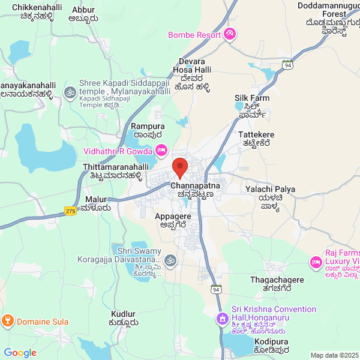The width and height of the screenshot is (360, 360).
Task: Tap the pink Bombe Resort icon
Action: [230, 34]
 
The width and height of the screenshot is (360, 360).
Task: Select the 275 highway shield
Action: [71, 211]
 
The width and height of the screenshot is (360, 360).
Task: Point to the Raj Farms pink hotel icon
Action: [316, 262]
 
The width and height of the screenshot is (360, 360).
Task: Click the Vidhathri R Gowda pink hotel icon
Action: [161, 151]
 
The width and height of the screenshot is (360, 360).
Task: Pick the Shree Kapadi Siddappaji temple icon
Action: [70, 92]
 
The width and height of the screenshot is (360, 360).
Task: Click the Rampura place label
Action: [148, 127]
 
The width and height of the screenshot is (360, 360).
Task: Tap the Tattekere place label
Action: [256, 134]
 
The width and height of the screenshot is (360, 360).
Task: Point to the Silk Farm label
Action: [252, 98]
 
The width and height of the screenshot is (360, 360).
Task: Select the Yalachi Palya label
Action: [271, 189]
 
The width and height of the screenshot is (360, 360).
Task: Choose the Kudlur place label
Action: [123, 314]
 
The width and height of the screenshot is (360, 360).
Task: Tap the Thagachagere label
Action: [277, 280]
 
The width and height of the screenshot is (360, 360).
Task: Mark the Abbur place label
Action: [83, 10]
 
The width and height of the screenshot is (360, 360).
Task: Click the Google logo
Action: [20, 353]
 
